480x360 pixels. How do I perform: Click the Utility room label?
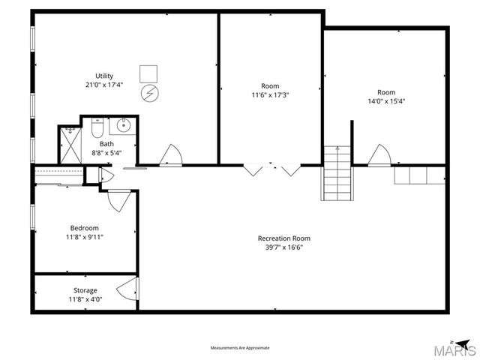[x=103, y=75]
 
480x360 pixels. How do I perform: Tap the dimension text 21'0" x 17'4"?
[x=103, y=85]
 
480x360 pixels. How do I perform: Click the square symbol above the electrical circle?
[x=149, y=73]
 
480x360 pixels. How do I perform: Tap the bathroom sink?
[x=124, y=125]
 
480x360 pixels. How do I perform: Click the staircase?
[x=337, y=173]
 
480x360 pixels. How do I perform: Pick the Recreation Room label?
[x=283, y=238]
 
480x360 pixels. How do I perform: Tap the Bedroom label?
[x=85, y=228]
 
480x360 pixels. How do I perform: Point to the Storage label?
[x=85, y=290]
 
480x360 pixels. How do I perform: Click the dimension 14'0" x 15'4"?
[x=387, y=101]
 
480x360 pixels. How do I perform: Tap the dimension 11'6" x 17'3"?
[x=270, y=95]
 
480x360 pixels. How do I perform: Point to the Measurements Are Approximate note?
[x=240, y=348]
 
